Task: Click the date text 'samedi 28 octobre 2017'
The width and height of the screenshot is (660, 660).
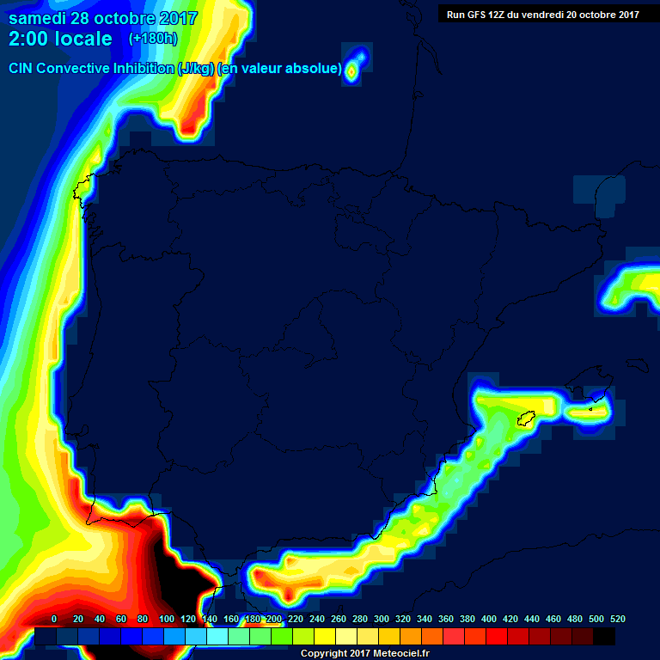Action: pyautogui.click(x=103, y=18)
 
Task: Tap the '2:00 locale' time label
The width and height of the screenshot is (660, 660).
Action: pyautogui.click(x=60, y=39)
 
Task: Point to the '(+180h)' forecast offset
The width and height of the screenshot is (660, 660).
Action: pyautogui.click(x=152, y=39)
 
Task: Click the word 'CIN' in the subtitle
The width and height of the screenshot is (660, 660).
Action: pyautogui.click(x=23, y=68)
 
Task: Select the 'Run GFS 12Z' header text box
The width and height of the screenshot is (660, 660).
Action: pyautogui.click(x=542, y=14)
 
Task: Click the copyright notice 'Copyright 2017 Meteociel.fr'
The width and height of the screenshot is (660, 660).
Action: pyautogui.click(x=364, y=653)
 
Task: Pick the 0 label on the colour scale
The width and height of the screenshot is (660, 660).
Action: pyautogui.click(x=54, y=619)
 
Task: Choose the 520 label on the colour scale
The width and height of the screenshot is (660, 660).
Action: pyautogui.click(x=617, y=619)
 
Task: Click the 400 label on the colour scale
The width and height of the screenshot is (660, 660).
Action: pyautogui.click(x=488, y=619)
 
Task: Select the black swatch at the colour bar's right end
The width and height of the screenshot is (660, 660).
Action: pyautogui.click(x=604, y=636)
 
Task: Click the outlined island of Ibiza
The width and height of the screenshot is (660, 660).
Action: pyautogui.click(x=526, y=419)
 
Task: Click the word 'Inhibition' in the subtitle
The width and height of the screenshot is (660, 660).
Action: pyautogui.click(x=143, y=68)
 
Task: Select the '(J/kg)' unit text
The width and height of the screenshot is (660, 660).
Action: pyautogui.click(x=196, y=68)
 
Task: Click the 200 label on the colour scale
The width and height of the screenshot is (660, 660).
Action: pyautogui.click(x=273, y=619)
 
